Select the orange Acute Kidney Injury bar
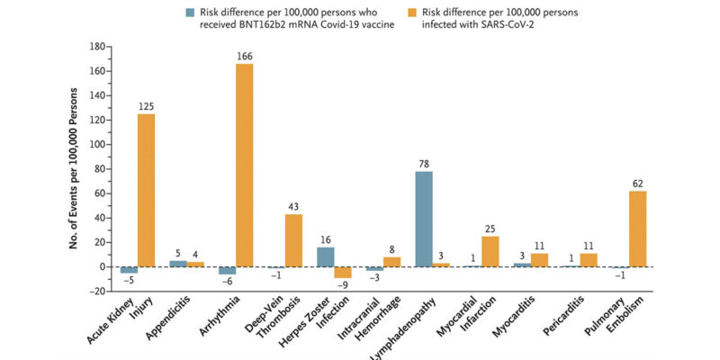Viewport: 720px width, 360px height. tap(147, 190)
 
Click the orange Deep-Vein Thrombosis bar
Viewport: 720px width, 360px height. tap(293, 240)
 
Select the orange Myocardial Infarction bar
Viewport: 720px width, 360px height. tap(490, 251)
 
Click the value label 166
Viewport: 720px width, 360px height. tap(244, 57)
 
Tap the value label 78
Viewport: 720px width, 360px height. tap(424, 164)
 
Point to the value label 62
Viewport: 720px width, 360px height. tap(637, 184)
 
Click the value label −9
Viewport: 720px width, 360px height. tap(343, 285)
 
